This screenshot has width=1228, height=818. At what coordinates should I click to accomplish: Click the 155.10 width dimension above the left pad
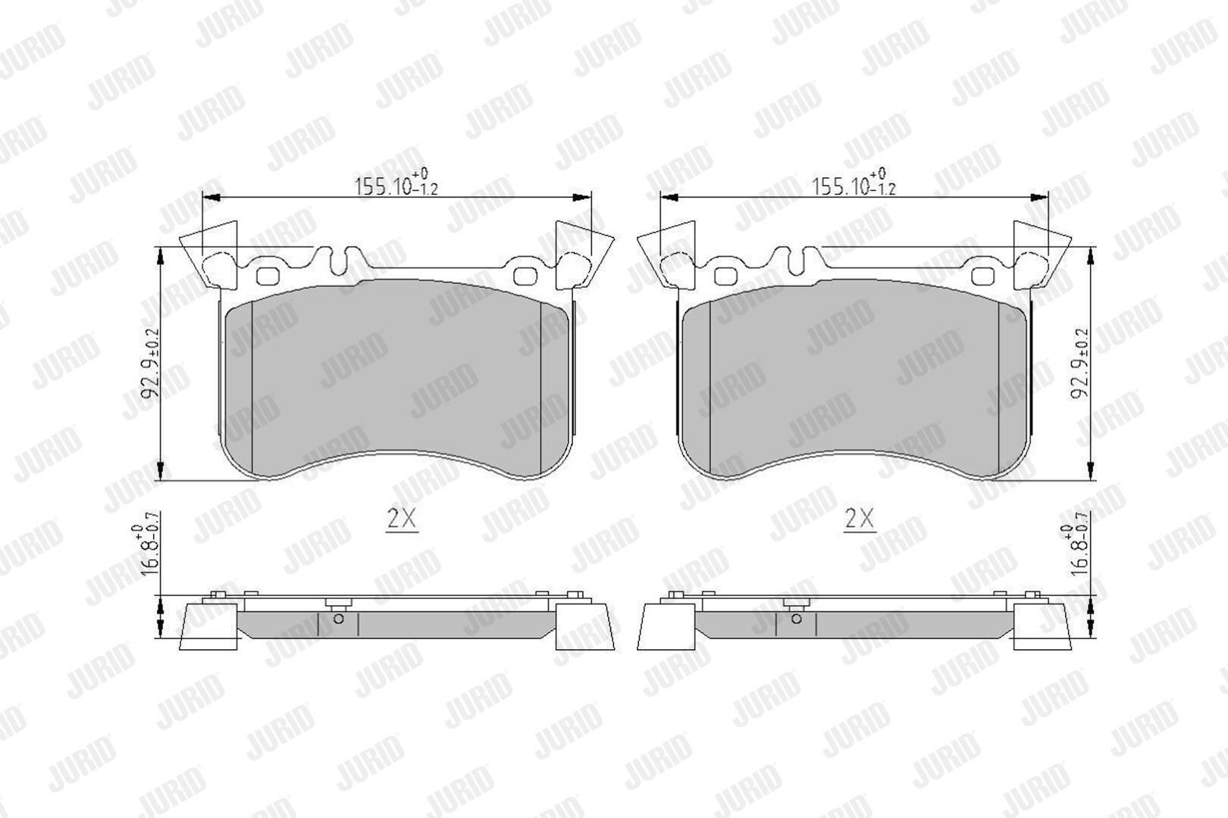click(x=396, y=183)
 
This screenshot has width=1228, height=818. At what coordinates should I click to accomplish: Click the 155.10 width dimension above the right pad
click(x=853, y=183)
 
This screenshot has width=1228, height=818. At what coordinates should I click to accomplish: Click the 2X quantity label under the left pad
click(x=402, y=518)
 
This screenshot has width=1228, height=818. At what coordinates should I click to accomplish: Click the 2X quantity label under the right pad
click(x=860, y=518)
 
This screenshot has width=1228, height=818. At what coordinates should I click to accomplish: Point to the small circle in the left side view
click(x=338, y=619)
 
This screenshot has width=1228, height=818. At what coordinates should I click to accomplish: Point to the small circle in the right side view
click(x=796, y=619)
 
